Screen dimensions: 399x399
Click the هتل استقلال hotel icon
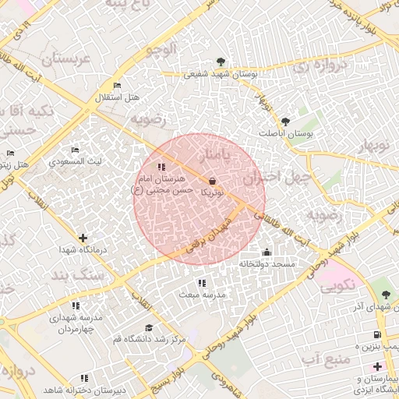click(x=117, y=85)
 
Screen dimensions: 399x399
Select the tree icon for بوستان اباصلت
click(x=285, y=121)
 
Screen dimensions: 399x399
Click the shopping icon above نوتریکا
click(x=213, y=181)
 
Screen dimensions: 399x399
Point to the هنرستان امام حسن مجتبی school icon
click(x=161, y=167)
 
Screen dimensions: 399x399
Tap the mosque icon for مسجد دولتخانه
click(x=267, y=252)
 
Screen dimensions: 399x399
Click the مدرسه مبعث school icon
click(x=202, y=283)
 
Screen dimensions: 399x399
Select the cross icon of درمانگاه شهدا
click(x=83, y=237)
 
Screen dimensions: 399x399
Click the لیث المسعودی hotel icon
click(x=75, y=150)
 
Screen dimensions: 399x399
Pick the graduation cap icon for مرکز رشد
click(x=149, y=327)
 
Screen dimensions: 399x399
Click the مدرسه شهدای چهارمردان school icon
click(x=76, y=306)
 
